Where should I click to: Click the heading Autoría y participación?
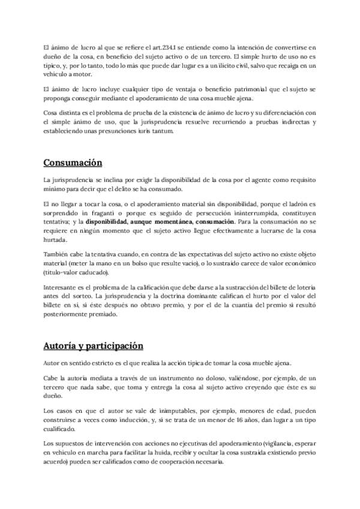[x=94, y=346]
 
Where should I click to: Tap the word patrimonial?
[x=236, y=89]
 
